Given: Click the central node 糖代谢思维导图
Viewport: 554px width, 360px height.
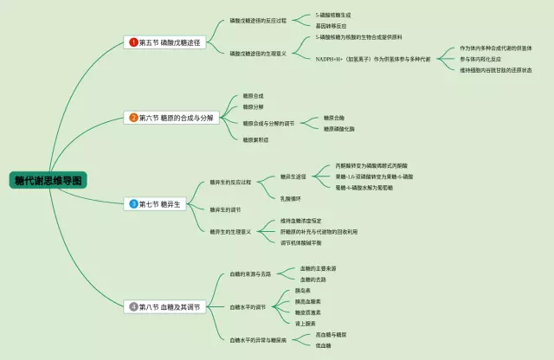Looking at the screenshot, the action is point(48,180).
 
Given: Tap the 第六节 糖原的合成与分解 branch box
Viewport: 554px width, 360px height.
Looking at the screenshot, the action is point(172,117).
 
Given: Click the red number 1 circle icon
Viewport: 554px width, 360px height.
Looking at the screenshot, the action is point(133,42).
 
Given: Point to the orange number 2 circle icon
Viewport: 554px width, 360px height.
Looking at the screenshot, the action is point(133,117).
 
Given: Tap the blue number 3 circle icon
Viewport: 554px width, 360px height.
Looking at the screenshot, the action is point(133,204).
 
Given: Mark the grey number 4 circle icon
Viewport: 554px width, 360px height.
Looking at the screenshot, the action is point(133,306).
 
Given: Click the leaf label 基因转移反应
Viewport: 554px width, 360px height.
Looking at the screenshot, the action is point(332,26).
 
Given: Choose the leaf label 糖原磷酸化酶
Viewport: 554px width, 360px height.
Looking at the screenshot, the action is point(338,129).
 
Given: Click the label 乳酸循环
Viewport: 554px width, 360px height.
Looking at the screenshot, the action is point(291,198).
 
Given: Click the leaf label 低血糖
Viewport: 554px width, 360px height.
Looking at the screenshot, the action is point(324,345).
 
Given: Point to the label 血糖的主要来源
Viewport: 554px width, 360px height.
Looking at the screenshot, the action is point(319,269).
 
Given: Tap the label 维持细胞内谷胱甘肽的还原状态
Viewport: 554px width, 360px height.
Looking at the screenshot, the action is point(501,70).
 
